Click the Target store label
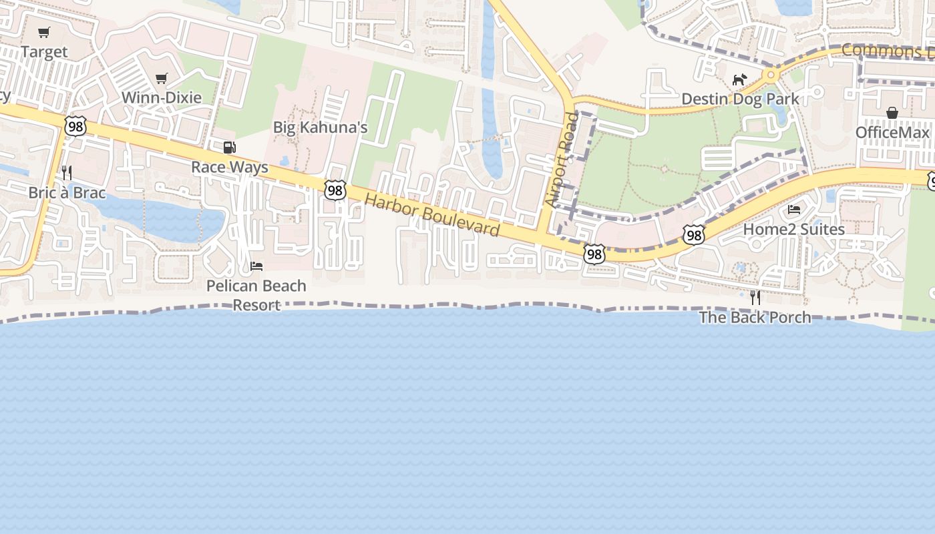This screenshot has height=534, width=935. tap(44, 52)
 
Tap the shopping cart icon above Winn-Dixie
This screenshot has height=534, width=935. tap(161, 79)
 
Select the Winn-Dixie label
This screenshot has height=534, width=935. tap(161, 98)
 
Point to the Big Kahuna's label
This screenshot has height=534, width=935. tap(320, 127)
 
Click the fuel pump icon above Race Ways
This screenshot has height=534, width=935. tap(229, 148)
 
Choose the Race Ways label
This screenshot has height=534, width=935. tap(230, 167)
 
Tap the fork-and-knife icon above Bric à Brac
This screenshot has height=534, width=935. tap(67, 173)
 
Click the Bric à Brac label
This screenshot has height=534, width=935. tap(67, 193)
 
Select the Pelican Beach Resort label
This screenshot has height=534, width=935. tap(256, 295)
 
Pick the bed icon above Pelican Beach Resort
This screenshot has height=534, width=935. tap(256, 266)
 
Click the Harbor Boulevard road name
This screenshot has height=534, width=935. tap(432, 215)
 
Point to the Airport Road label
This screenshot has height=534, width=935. tap(560, 160)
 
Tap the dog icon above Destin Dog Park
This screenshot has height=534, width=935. tap(739, 80)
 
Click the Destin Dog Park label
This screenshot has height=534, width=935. tap(740, 99)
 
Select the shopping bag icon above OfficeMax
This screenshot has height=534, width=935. tap(892, 113)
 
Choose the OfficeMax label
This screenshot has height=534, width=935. tap(892, 133)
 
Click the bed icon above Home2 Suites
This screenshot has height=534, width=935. tap(794, 210)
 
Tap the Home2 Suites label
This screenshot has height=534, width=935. tap(794, 229)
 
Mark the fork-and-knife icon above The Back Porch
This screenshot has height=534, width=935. tap(755, 298)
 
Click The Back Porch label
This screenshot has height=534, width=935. tap(755, 317)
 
